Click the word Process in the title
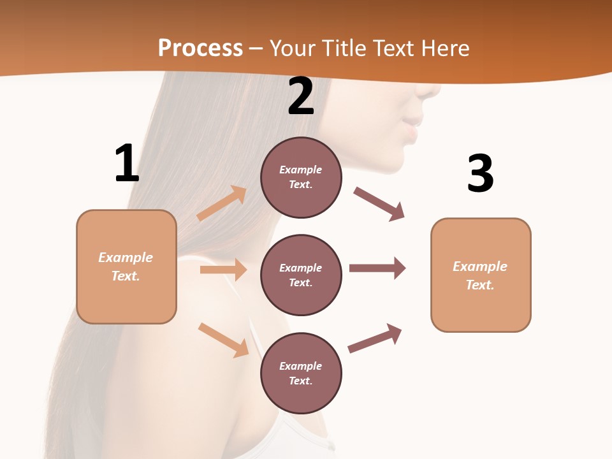tap(200, 48)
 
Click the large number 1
tap(126, 164)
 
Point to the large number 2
tap(301, 96)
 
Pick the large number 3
tap(480, 173)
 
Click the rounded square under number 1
tap(126, 266)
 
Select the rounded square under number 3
tap(481, 275)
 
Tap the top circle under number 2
tap(301, 177)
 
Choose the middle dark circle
tap(301, 275)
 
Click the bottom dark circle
tap(301, 374)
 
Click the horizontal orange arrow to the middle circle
tap(223, 270)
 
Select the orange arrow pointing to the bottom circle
tap(224, 340)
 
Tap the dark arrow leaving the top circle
tap(379, 204)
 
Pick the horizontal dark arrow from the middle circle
tap(377, 268)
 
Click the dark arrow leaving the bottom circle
tap(375, 338)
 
